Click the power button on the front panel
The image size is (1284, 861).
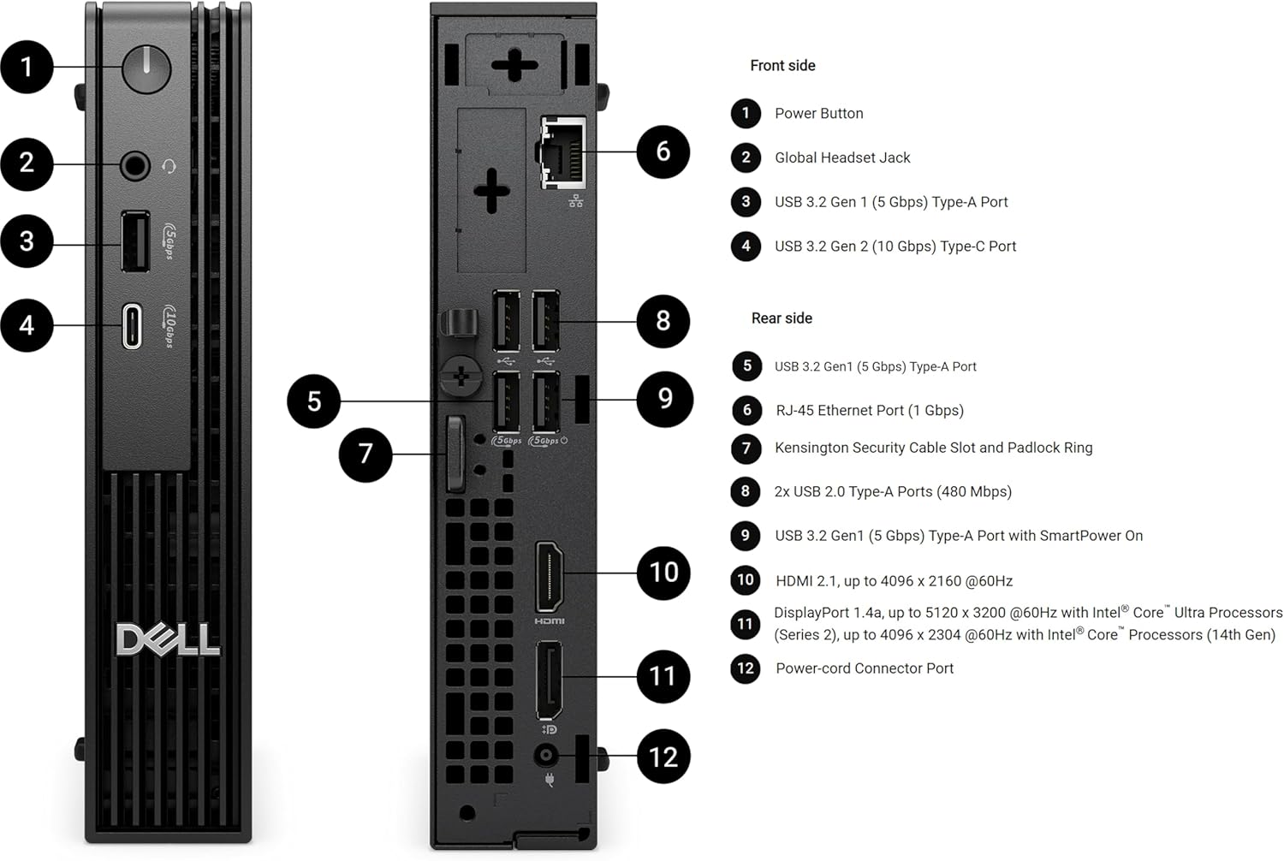click(x=146, y=68)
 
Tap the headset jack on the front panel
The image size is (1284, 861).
click(x=134, y=164)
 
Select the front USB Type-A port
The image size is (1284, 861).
click(x=135, y=241)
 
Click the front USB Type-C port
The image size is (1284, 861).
click(x=132, y=325)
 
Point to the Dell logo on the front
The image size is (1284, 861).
click(x=168, y=640)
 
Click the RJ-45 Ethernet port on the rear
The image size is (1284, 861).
click(x=563, y=152)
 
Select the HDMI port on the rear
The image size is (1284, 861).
click(x=549, y=576)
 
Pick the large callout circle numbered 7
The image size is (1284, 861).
click(x=366, y=454)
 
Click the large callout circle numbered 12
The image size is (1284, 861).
click(x=663, y=757)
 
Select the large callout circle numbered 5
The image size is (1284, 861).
click(x=314, y=401)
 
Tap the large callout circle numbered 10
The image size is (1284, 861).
click(x=663, y=573)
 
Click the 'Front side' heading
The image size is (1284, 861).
click(x=782, y=66)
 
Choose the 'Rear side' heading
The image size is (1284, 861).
click(x=782, y=318)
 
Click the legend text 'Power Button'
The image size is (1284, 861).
click(x=818, y=114)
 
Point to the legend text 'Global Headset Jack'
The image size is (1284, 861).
click(x=842, y=157)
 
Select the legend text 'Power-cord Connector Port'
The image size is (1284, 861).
click(x=864, y=668)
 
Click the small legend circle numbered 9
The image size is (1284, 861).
click(x=746, y=536)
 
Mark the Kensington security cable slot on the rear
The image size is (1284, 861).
click(x=455, y=454)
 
